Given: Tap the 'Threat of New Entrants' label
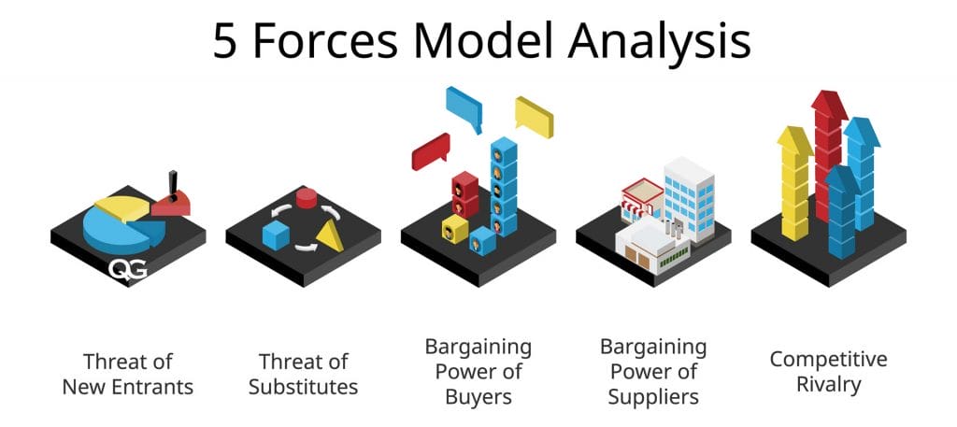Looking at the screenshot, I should tap(128, 373).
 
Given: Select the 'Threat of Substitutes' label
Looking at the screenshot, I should tap(303, 373).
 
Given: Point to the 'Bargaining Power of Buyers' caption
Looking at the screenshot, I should tap(478, 372).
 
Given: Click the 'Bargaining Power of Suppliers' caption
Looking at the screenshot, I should tap(653, 372).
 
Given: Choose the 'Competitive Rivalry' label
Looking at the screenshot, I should tap(828, 371).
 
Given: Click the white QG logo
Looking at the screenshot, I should tap(127, 270).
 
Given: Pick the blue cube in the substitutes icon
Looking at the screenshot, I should tap(275, 235).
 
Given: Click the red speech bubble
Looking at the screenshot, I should tap(430, 150).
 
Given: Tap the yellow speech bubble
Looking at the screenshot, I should tap(534, 115).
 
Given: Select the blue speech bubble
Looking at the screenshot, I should tap(464, 106).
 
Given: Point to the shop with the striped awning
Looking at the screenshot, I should tap(642, 197).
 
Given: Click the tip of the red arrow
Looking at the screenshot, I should tap(827, 96).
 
